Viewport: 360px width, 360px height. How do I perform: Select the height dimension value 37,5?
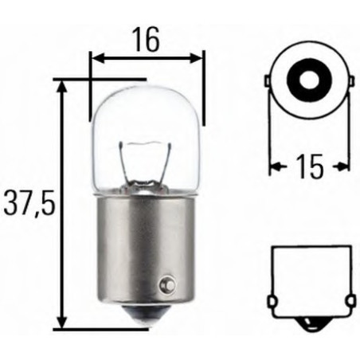28,205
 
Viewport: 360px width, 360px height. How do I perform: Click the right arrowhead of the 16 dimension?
198,57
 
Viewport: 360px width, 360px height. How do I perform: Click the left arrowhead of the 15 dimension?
275,166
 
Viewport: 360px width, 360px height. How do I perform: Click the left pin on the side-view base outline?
270,302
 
